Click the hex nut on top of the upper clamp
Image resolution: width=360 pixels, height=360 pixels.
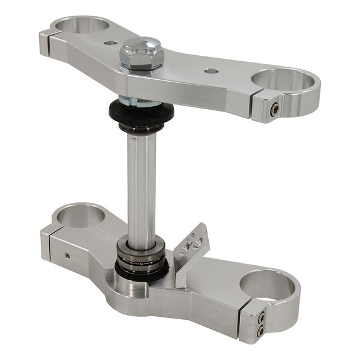click(142, 52)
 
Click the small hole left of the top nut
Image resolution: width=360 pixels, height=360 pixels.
click(109, 43)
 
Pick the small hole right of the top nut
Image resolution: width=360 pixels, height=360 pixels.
click(211, 71)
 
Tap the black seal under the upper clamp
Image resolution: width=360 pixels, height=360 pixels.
click(141, 112)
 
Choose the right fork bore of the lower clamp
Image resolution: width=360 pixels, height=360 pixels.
click(268, 283)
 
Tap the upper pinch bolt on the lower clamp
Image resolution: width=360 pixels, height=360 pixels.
click(261, 319)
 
